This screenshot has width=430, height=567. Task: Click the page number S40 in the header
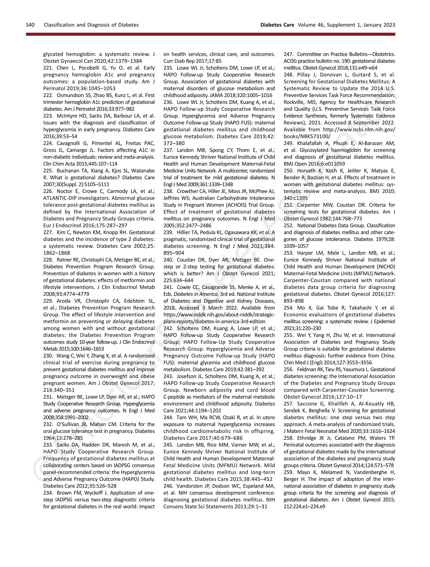(30, 25)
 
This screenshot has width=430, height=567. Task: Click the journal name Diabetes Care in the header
(277, 25)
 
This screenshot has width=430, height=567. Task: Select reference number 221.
(48, 68)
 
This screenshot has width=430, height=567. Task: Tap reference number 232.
(48, 424)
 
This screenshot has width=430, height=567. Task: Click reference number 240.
(168, 260)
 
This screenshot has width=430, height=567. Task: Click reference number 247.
(288, 54)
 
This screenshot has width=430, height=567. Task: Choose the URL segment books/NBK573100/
(307, 136)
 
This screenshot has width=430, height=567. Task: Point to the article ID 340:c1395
(295, 198)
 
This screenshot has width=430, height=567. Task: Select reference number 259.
(288, 472)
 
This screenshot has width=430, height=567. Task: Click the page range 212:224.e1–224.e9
(304, 507)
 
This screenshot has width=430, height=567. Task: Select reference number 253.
(288, 253)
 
